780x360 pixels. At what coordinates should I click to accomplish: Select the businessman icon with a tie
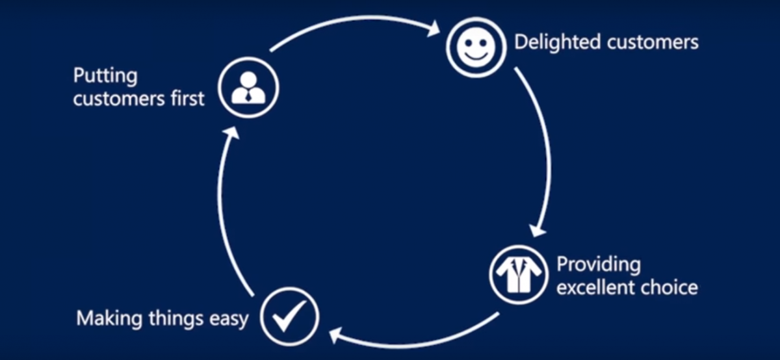[x=248, y=88]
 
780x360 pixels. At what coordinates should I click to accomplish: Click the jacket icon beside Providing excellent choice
[x=518, y=274]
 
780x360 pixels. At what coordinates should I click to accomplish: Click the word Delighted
[x=557, y=42]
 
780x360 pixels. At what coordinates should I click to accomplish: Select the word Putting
[x=105, y=77]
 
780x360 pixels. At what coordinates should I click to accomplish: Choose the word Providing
[x=598, y=265]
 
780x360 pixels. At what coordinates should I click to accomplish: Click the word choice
[x=671, y=287]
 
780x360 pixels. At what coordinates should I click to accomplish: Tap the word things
[x=170, y=319]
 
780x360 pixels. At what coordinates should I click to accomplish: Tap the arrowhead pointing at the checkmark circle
[x=335, y=335]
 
